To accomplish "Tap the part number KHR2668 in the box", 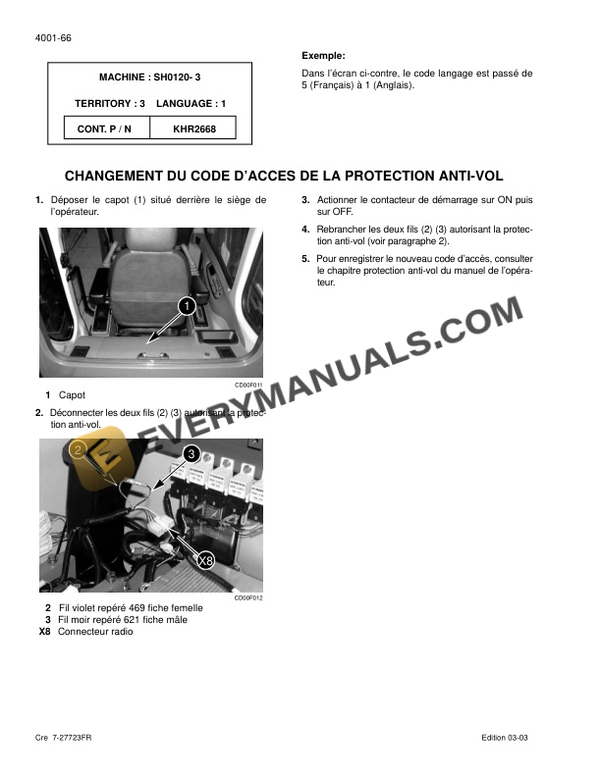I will pos(194,129).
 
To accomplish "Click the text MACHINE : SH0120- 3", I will pos(152,77).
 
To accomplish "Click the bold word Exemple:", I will pos(323,56).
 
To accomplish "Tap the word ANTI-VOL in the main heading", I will pos(465,177).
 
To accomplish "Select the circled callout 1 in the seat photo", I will pos(185,307).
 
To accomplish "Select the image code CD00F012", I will pos(249,597).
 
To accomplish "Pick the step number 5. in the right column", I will pos(305,260).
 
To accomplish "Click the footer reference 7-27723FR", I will pos(76,737).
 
